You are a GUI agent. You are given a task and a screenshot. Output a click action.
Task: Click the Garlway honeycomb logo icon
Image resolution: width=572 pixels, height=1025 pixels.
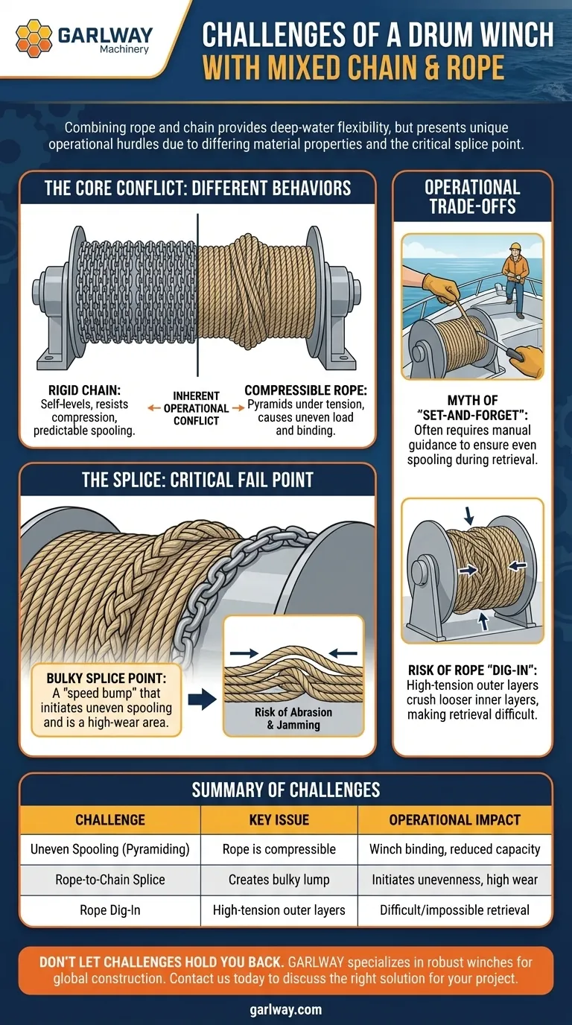(34, 38)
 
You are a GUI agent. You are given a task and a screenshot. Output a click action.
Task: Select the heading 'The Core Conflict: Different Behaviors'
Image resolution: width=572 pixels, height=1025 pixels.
(197, 188)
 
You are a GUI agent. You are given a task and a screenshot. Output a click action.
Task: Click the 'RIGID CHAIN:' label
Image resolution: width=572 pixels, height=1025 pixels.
(85, 390)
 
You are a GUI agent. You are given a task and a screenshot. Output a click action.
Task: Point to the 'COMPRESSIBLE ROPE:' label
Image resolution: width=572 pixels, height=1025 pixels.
(305, 390)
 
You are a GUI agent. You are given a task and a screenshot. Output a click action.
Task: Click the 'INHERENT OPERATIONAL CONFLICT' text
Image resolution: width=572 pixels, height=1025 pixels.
(196, 408)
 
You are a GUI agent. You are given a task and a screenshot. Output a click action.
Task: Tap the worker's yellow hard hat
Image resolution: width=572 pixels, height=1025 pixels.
(515, 247)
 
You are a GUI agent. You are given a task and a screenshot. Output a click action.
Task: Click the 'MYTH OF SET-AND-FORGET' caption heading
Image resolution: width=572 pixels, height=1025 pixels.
(473, 407)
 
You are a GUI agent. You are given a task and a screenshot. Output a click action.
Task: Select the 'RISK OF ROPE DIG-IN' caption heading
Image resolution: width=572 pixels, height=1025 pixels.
(473, 670)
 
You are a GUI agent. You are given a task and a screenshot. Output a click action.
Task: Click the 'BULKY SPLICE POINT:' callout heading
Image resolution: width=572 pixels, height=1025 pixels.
(107, 678)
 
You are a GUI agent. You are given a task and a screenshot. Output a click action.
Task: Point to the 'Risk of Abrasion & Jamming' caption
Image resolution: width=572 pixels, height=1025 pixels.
(293, 718)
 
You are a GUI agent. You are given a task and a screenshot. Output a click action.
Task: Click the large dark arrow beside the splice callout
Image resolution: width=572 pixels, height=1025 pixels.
(203, 699)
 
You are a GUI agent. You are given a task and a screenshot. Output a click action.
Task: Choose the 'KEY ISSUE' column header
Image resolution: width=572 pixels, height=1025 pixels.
(279, 819)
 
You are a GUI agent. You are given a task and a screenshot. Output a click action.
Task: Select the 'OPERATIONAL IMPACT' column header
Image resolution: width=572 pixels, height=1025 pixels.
(455, 819)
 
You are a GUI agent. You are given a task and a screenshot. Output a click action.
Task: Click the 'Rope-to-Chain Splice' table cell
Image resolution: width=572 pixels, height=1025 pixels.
(110, 880)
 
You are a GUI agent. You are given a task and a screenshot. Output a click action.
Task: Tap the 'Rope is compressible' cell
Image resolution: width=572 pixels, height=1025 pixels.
(279, 849)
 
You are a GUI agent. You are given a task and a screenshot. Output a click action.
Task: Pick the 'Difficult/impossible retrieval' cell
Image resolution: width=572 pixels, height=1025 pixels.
(455, 910)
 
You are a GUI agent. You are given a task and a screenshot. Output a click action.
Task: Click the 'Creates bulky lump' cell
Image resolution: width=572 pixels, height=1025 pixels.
(279, 880)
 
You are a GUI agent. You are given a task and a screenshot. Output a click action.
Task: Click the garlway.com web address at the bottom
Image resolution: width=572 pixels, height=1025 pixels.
(286, 1009)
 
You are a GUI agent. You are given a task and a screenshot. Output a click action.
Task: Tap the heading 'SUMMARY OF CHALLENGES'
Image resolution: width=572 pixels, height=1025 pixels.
(286, 790)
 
